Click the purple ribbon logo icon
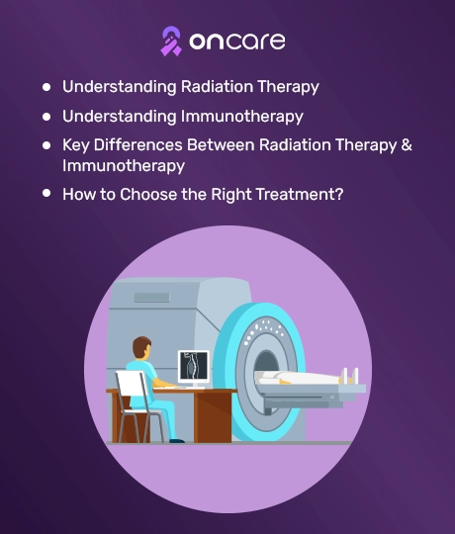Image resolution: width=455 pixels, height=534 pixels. [171, 42]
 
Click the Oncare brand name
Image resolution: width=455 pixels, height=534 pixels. [237, 42]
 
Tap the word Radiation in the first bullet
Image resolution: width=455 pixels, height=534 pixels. [217, 86]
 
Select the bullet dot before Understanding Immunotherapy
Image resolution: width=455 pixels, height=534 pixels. [46, 117]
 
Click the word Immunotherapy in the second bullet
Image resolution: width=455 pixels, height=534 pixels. [241, 117]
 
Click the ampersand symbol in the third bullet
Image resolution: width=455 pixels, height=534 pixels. [407, 144]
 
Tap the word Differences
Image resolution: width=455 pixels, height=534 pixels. [137, 144]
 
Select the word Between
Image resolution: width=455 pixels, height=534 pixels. [221, 144]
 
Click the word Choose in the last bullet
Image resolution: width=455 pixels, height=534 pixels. [148, 195]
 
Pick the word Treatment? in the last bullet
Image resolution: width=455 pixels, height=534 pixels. [300, 195]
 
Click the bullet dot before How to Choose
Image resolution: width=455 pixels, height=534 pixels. [46, 193]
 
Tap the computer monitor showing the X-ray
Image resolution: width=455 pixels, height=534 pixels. [194, 367]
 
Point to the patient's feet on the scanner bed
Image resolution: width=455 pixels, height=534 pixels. [351, 375]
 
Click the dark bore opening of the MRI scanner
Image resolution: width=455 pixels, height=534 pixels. [267, 364]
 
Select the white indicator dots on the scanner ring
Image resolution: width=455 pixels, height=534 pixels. [263, 329]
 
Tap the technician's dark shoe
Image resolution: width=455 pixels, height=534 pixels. [177, 441]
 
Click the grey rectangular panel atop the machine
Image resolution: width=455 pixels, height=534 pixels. [152, 298]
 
